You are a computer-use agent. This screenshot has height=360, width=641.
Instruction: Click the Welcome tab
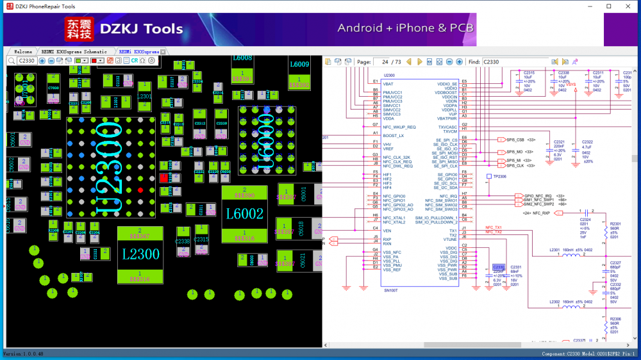coord(22,51)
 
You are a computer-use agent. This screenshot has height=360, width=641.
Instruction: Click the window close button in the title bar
coord(626,6)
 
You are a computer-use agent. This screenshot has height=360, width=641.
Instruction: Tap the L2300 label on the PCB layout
coord(140,254)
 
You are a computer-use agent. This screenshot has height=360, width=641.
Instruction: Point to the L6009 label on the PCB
coord(299,65)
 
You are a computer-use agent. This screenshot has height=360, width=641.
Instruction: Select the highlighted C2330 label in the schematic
coord(498,267)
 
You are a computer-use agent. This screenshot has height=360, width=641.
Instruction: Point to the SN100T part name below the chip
coord(392,290)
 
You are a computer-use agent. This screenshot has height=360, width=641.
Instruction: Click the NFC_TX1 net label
coord(493,227)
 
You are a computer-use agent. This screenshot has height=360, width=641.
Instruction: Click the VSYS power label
coord(570,84)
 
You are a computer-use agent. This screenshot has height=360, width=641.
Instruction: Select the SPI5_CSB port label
coord(515,140)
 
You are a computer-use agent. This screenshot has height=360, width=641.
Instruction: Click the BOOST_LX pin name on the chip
coord(394,136)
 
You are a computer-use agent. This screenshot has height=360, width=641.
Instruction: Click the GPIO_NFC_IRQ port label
coord(538,195)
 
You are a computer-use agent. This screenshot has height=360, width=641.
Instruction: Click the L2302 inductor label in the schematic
coord(555,301)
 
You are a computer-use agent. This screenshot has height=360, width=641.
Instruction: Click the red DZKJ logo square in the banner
coord(79,29)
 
